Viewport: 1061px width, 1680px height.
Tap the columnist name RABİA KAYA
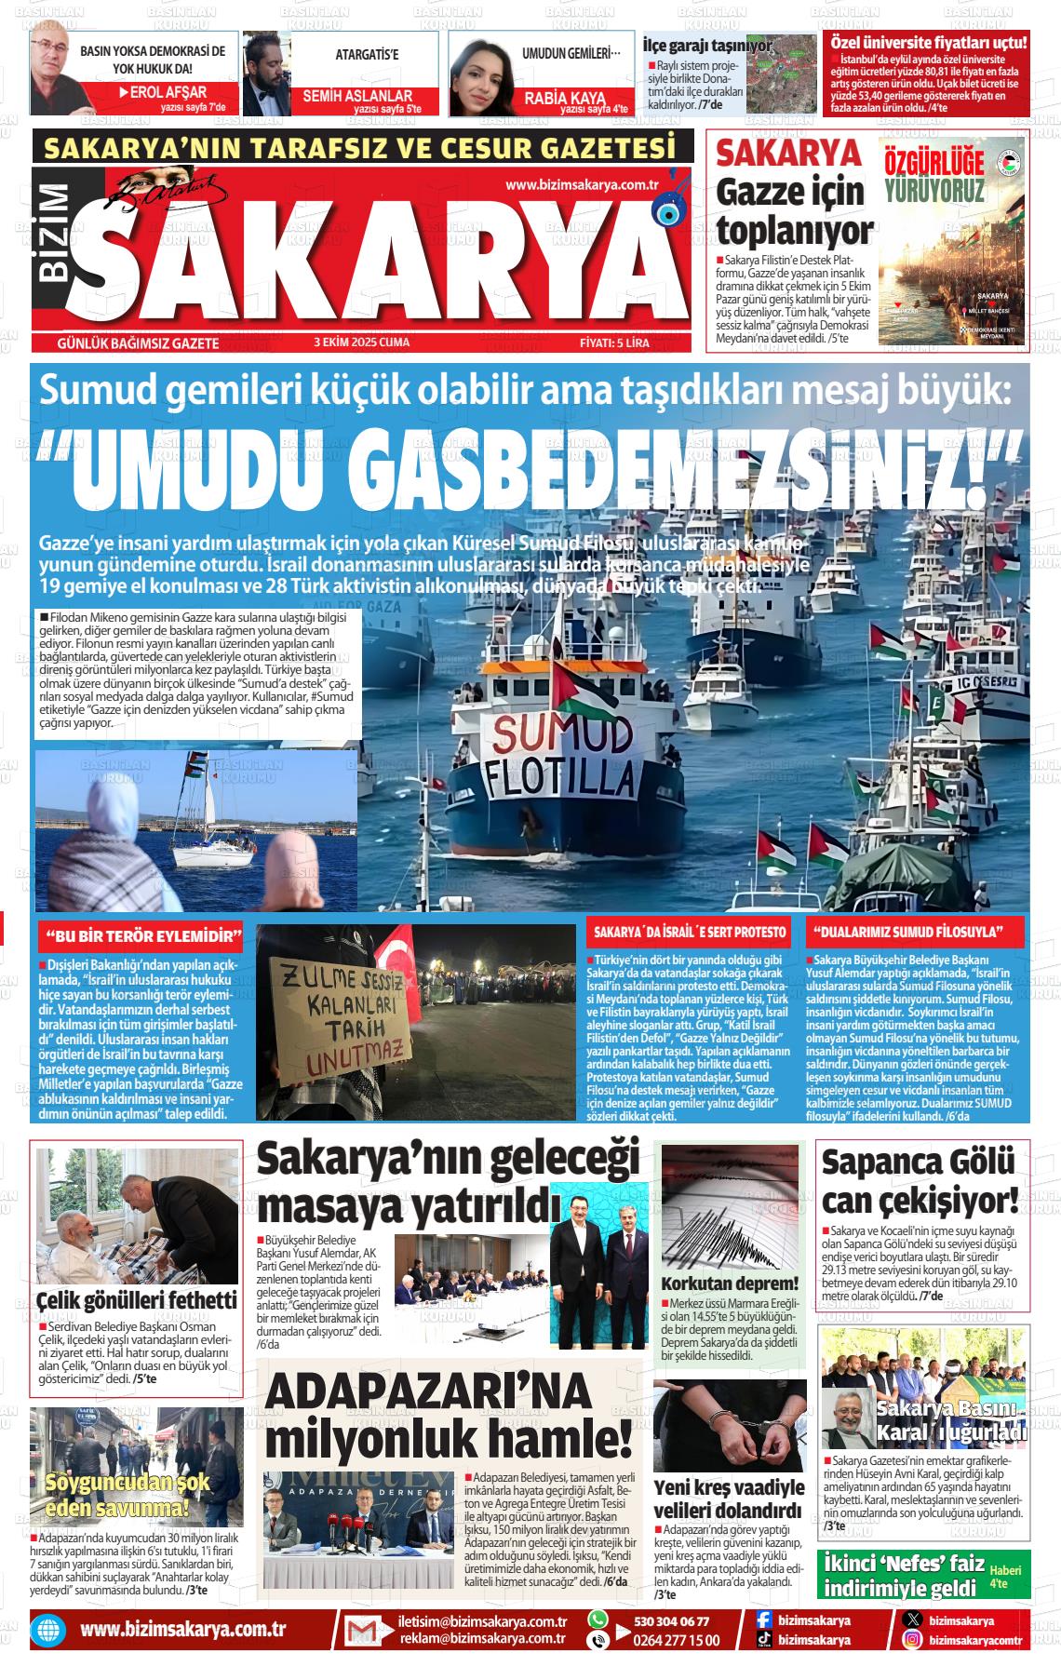(x=565, y=97)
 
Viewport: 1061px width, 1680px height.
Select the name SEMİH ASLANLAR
(x=357, y=96)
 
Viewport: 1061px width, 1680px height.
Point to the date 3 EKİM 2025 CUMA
(x=362, y=343)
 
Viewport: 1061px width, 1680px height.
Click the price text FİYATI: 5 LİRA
(x=614, y=343)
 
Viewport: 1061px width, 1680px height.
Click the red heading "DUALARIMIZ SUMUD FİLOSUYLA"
(x=907, y=932)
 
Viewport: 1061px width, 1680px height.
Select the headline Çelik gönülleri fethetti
(x=137, y=1299)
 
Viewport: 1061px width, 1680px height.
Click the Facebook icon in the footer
(x=763, y=1620)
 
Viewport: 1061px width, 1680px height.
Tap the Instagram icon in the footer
(x=913, y=1640)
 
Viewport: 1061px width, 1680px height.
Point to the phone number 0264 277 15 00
(x=670, y=1640)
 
